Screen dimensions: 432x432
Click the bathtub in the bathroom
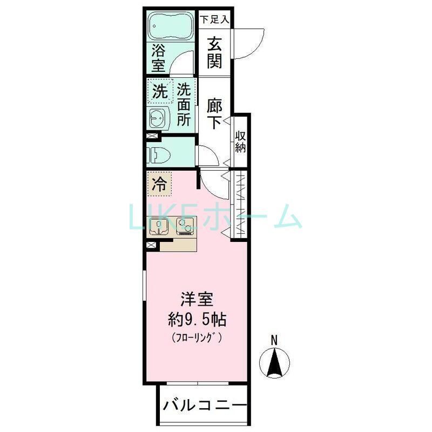(x=170, y=25)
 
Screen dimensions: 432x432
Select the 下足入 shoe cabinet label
(x=215, y=19)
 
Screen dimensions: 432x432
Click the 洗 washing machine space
(x=159, y=91)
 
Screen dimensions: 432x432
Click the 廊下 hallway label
(x=214, y=114)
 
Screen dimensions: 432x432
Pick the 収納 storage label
(x=241, y=142)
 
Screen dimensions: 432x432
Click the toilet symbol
(x=158, y=154)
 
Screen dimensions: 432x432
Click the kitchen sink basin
(x=159, y=226)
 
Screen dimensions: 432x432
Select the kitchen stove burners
(x=184, y=226)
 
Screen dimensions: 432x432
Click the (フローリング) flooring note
(x=197, y=339)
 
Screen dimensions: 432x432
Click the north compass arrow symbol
(x=274, y=362)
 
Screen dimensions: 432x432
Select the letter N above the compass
(x=274, y=340)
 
